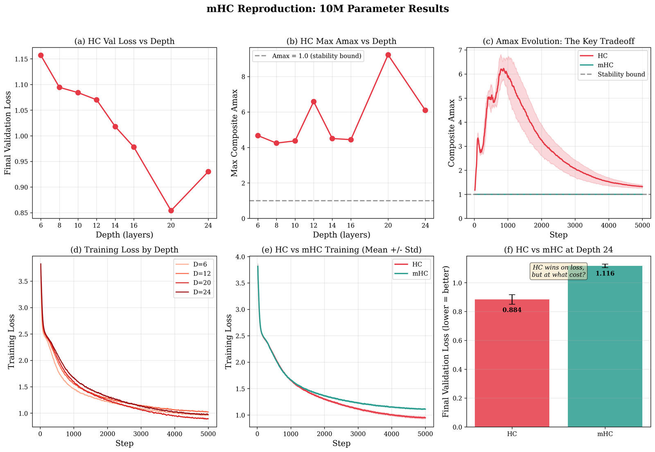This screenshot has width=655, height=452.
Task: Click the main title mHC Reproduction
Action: click(327, 9)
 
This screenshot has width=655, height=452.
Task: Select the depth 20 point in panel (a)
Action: click(171, 210)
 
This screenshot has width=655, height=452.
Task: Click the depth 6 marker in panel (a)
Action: click(41, 55)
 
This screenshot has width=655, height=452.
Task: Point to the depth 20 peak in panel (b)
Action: click(388, 55)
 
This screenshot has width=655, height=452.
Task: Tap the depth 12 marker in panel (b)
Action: click(314, 101)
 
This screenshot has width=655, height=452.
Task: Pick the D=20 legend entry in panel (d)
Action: click(199, 283)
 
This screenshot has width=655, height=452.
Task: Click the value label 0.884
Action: click(512, 310)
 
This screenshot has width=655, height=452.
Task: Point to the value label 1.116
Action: click(605, 273)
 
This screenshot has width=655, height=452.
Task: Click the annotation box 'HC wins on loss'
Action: click(558, 271)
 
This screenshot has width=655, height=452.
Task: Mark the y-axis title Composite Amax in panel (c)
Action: click(452, 133)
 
